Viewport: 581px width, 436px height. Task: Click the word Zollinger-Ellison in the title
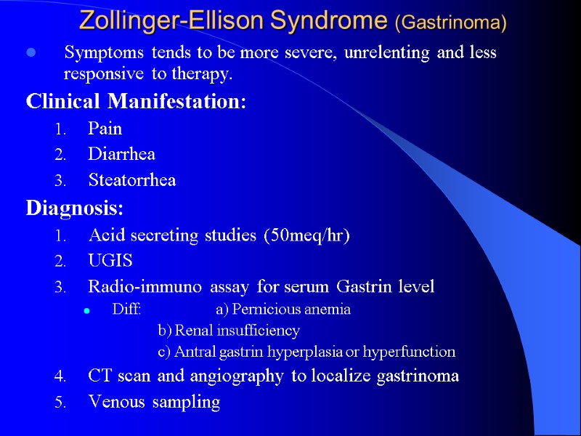click(x=172, y=20)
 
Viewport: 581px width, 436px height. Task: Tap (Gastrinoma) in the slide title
click(x=450, y=23)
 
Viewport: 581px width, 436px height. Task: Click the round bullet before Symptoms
click(x=31, y=53)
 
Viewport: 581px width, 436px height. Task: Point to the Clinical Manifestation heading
click(x=136, y=101)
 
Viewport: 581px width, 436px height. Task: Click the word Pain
click(x=105, y=129)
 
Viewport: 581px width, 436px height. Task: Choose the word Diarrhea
click(x=121, y=154)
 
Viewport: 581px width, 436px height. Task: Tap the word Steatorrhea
click(x=131, y=180)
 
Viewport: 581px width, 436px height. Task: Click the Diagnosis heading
click(x=75, y=209)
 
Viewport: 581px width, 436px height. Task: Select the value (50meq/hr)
click(x=308, y=236)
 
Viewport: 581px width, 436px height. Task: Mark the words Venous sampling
click(x=153, y=402)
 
